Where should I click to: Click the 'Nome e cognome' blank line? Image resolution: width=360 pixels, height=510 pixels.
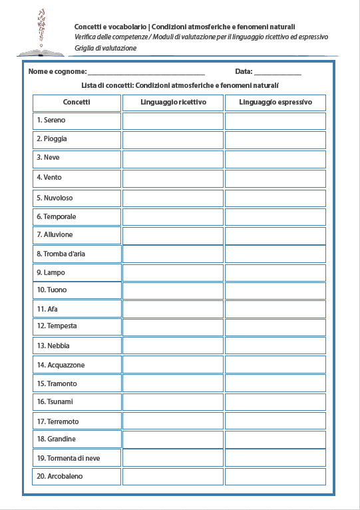(146, 72)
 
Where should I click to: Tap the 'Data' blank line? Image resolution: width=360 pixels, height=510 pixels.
(277, 72)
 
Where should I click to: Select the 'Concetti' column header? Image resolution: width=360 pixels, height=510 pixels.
(77, 103)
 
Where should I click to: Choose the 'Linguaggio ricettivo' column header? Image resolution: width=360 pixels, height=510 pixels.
(173, 103)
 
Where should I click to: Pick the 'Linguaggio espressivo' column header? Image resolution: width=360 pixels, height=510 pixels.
(275, 103)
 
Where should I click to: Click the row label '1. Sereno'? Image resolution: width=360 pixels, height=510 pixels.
(51, 121)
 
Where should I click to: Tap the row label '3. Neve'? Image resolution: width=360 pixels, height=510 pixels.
(48, 158)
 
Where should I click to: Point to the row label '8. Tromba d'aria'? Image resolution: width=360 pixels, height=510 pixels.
(61, 254)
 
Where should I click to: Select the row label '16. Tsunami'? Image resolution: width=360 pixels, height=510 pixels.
(55, 402)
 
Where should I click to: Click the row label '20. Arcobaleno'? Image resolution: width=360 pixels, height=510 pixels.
(61, 477)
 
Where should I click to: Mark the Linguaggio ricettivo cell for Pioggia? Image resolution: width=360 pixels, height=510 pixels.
(173, 139)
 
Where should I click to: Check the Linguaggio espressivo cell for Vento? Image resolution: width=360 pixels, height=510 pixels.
(275, 178)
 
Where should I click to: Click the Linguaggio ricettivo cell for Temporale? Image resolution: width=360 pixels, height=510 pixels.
(173, 216)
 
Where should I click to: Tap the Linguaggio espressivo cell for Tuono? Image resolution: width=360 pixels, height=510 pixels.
(275, 290)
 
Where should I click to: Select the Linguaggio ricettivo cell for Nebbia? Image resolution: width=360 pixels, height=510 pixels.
(173, 346)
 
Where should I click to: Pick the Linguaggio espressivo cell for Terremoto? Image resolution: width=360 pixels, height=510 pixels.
(275, 421)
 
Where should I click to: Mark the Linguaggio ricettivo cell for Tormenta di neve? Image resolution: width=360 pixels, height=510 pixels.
(173, 458)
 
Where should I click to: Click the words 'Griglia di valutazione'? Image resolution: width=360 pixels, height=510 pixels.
(106, 49)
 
